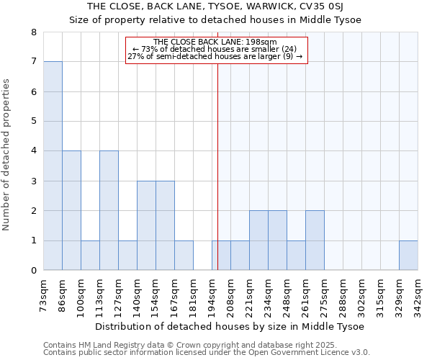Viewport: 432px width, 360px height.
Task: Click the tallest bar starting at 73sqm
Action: (x=53, y=166)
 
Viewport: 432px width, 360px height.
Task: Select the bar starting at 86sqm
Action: (x=71, y=210)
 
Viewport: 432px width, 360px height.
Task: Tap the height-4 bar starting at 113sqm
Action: (x=109, y=210)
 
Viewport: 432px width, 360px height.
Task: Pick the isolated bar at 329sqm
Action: (x=408, y=255)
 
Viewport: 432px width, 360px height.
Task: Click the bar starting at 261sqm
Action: (x=315, y=240)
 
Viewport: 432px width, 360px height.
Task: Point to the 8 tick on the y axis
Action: (x=33, y=32)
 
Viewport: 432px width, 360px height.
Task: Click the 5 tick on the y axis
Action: (x=33, y=122)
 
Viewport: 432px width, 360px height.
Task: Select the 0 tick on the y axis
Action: (x=33, y=271)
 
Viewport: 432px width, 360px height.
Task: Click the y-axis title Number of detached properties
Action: (x=7, y=151)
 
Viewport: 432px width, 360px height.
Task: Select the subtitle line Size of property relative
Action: (x=215, y=19)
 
